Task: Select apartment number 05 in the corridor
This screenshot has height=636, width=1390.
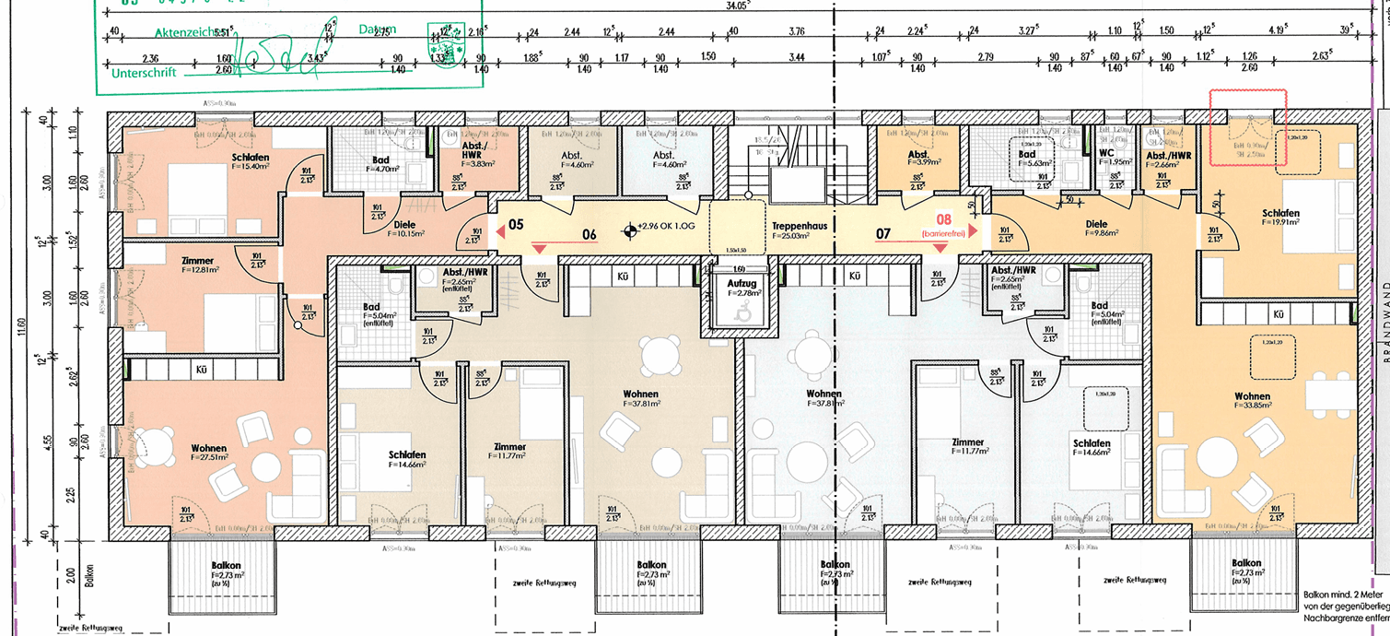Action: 516,224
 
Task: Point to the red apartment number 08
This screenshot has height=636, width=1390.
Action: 943,219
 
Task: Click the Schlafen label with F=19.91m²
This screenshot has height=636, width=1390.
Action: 1279,218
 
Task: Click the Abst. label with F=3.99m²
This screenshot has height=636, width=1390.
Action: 917,159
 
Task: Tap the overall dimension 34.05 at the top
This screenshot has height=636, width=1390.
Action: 737,6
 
